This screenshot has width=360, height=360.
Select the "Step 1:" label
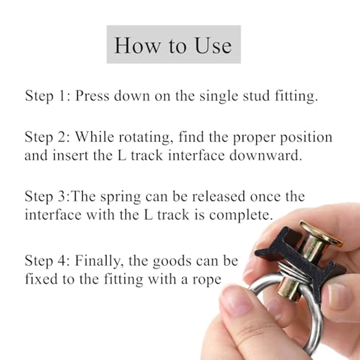point(48,97)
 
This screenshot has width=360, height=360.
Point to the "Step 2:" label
point(48,138)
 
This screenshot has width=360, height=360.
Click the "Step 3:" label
point(47,197)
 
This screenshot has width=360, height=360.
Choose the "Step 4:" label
point(48,261)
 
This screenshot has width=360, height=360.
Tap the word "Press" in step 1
point(93,97)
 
